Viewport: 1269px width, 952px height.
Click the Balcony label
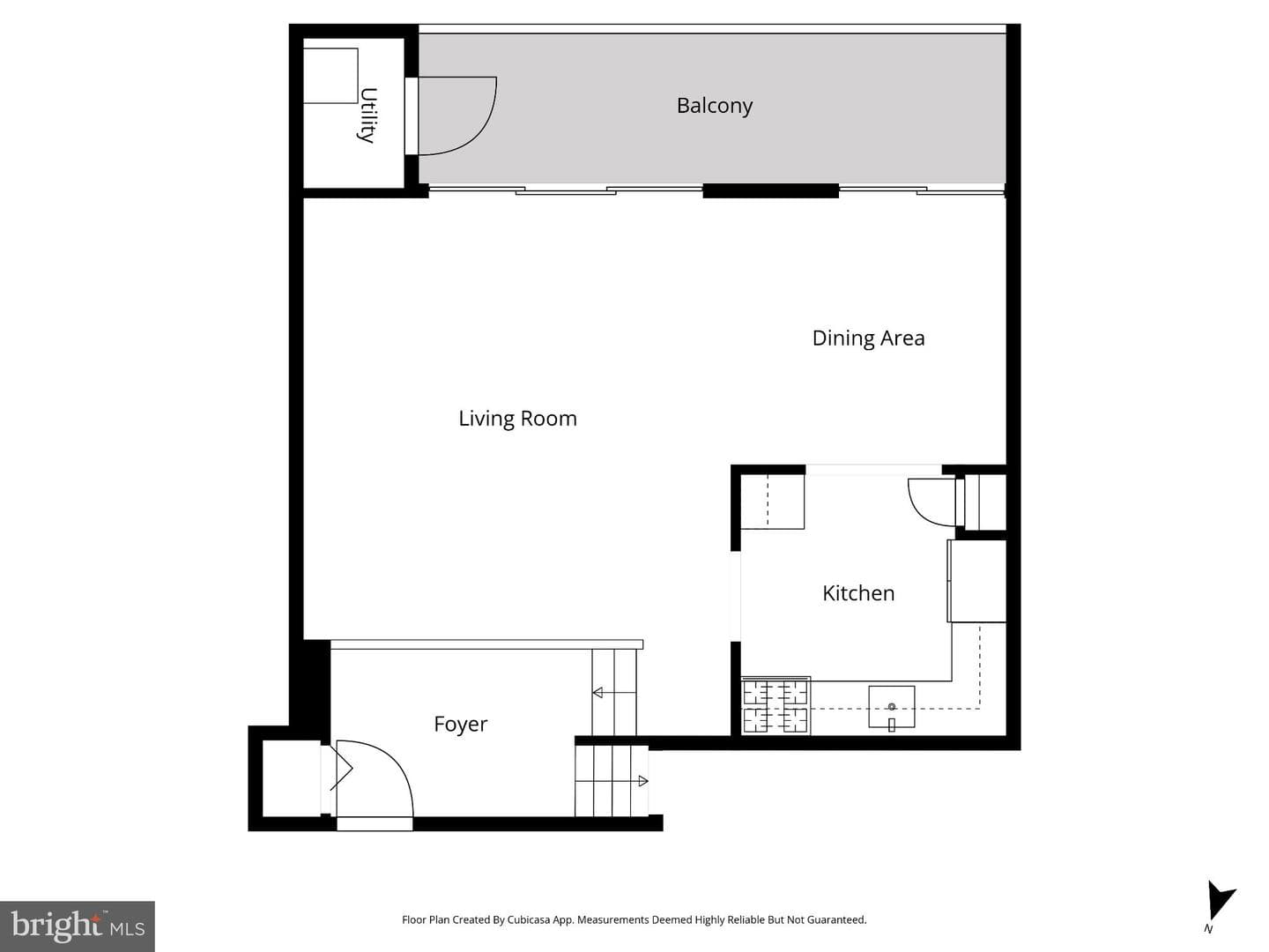[x=714, y=106]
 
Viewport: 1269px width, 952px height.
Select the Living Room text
[x=517, y=419]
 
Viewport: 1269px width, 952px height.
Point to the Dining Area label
[x=868, y=338]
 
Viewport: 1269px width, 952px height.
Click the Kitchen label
[x=858, y=593]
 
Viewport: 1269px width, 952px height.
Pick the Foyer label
[x=460, y=725]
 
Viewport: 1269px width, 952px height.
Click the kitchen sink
[x=892, y=706]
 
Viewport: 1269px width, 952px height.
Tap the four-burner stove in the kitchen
[x=775, y=706]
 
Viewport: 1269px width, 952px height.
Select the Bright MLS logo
[x=78, y=926]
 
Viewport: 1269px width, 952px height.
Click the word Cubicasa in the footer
[x=529, y=919]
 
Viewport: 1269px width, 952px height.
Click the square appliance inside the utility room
[x=330, y=76]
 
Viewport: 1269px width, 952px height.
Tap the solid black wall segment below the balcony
[x=770, y=190]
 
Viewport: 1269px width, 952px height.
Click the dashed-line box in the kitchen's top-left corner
[x=772, y=502]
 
